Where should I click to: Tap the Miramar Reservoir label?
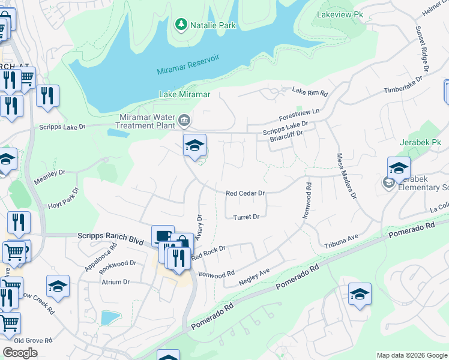coord(188,64)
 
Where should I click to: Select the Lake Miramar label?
coord(184,94)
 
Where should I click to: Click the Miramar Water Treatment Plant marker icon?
coord(184,122)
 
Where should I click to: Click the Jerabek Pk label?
coord(420,143)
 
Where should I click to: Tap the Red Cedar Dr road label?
coord(245,193)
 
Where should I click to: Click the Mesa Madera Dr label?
coord(346,176)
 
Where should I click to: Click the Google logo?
coord(20,353)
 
